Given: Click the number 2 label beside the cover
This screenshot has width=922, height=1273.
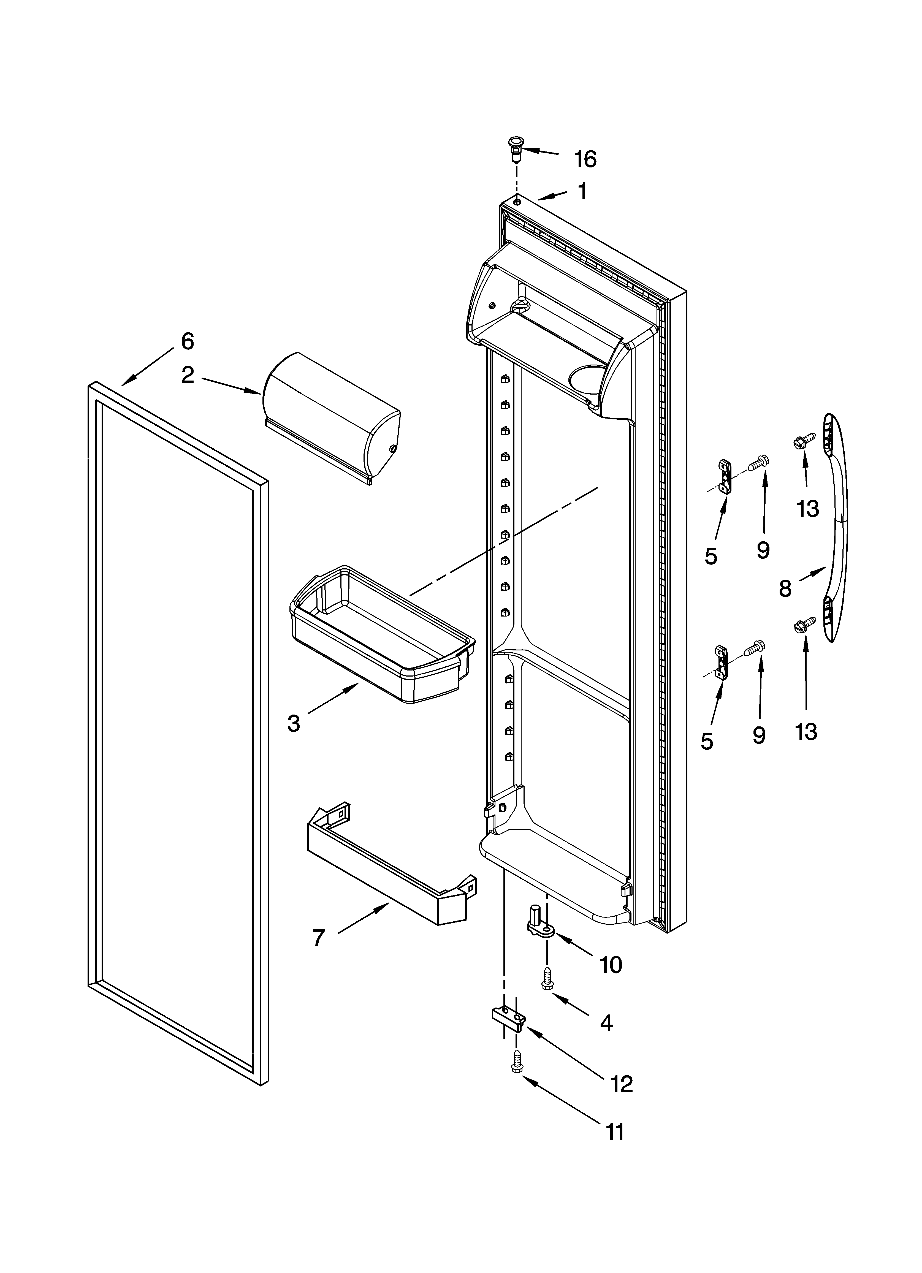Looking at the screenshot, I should click(188, 375).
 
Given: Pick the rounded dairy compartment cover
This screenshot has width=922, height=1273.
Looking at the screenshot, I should click(331, 418).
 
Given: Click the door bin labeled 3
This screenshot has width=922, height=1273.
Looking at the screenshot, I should click(382, 634).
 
